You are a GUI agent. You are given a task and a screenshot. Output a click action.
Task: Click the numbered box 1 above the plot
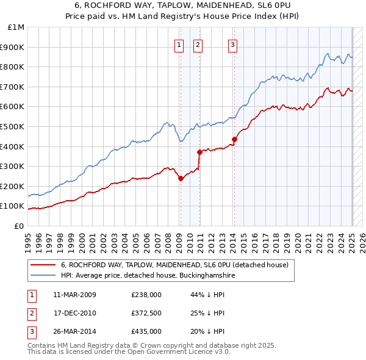[179, 44]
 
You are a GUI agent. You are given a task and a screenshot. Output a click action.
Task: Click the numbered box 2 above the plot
[199, 44]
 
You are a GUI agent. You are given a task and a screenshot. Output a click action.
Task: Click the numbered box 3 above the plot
[233, 44]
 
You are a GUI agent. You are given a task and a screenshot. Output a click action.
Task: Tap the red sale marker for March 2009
[181, 178]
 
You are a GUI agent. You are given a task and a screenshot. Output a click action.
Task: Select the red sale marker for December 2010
[199, 152]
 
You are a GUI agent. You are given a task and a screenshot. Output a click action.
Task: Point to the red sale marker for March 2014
[234, 139]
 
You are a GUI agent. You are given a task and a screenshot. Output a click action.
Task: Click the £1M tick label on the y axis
[16, 27]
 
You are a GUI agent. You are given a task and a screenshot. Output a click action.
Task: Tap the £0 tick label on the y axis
[19, 226]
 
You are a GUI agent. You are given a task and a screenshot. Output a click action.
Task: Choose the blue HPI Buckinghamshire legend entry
[148, 276]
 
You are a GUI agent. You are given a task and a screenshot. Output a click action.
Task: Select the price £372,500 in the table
[146, 313]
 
